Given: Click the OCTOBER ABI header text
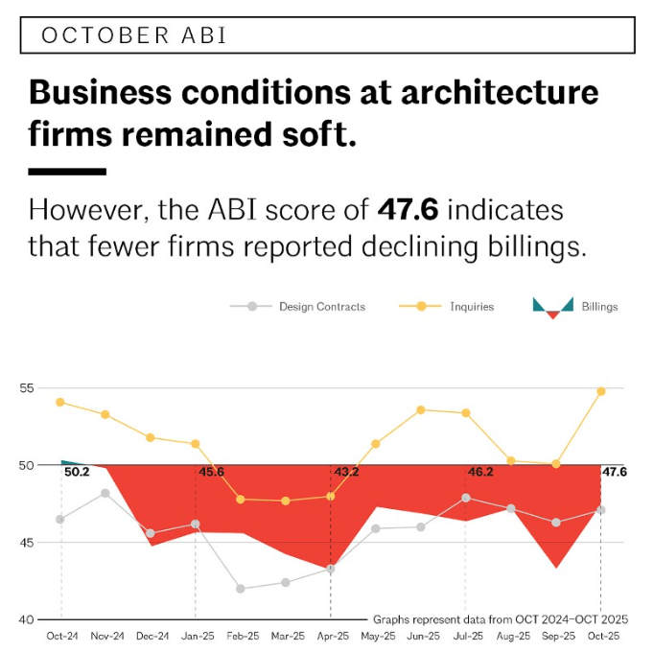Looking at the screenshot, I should point(133,35).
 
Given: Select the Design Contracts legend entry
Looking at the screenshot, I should point(321,307).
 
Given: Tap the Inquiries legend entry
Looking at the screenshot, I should point(471,307).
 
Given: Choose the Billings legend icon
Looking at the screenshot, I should point(552,307).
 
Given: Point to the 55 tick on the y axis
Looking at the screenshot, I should point(26,388).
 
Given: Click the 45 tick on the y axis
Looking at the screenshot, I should point(26,543).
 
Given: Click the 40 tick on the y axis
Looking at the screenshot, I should point(26,619).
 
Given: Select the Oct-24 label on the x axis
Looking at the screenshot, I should point(61,636).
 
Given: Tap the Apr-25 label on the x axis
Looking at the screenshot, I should point(331,636).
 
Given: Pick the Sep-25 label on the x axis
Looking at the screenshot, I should point(556,636).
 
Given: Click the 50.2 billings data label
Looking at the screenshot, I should point(77,473).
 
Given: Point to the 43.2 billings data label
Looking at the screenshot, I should point(346,473).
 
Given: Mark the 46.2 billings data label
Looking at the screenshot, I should point(480,473).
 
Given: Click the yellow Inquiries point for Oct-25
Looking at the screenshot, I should point(601,391).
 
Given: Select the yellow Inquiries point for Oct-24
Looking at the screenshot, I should point(60,402).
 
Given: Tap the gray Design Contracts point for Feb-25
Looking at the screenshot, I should point(241,589).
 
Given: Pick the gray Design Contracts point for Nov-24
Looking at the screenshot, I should point(105,493).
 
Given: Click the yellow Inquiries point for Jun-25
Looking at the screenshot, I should point(421,409).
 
